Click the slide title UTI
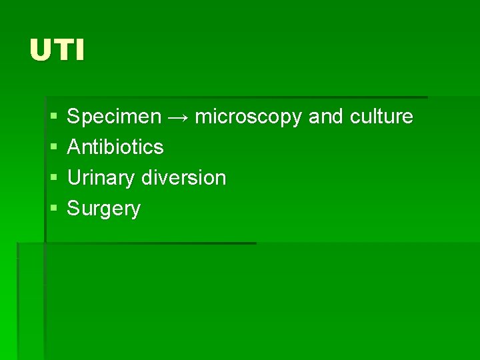point(57,51)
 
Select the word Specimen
point(114,117)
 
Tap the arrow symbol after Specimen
point(178,117)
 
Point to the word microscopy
point(249,117)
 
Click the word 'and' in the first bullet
point(326,117)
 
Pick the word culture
point(381,117)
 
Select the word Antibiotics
point(115,147)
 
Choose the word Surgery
point(104,209)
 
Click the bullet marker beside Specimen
point(53,117)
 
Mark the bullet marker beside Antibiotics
point(53,147)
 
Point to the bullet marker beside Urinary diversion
point(53,178)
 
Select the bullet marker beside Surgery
point(53,209)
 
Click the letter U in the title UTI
point(40,51)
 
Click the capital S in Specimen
point(73,117)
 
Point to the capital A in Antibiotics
point(73,147)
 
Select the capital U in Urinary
point(73,177)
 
